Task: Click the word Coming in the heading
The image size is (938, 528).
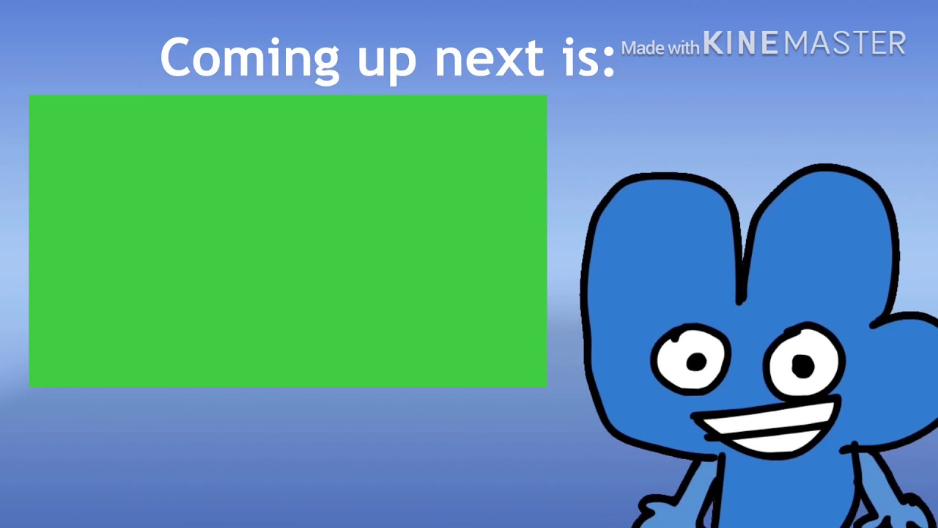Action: point(249,59)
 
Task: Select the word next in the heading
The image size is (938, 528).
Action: point(489,59)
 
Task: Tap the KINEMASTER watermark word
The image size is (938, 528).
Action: point(804,44)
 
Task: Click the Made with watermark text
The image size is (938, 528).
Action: point(660,48)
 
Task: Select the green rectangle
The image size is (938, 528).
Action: point(287,240)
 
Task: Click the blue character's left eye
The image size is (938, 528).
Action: point(690,359)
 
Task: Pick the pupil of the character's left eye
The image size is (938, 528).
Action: point(696,361)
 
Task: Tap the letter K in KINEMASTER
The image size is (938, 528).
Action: point(713,44)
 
